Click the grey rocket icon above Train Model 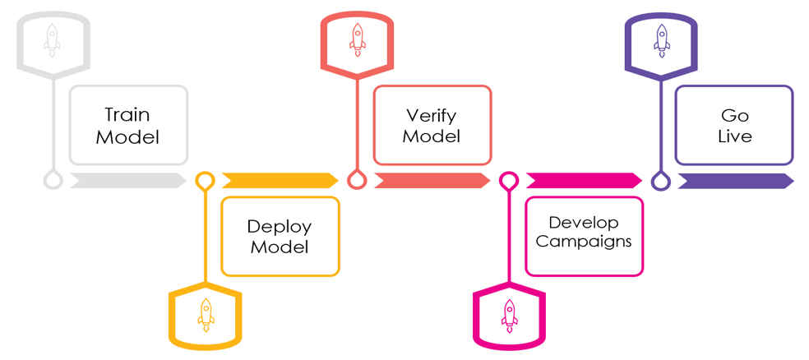tap(53, 39)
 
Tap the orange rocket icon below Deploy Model tap(206, 315)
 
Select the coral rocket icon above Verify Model tap(357, 39)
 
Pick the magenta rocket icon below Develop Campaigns tap(509, 315)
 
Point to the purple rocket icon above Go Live tap(662, 39)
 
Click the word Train tap(127, 115)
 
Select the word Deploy tap(280, 226)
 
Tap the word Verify tap(432, 115)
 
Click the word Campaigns tap(584, 242)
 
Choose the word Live tap(734, 136)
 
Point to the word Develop tap(584, 222)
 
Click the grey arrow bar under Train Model tap(127, 181)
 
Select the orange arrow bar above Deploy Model tap(280, 181)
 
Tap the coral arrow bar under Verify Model tap(432, 181)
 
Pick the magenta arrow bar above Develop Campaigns tap(584, 181)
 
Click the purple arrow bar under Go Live tap(735, 181)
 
